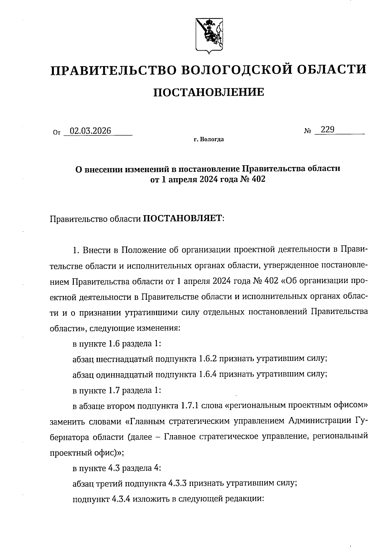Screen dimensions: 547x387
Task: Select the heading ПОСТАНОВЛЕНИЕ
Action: (208, 93)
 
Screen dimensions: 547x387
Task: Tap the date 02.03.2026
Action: (90, 131)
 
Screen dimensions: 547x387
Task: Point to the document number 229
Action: (328, 130)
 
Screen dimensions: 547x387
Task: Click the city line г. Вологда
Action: (209, 140)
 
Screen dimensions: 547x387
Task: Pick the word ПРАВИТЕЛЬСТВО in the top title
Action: (112, 70)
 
